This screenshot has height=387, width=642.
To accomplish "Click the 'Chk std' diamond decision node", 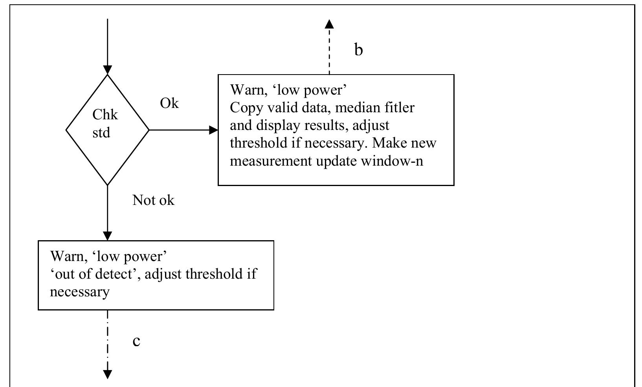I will click(107, 130).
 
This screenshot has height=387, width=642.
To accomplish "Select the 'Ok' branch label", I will click(169, 104).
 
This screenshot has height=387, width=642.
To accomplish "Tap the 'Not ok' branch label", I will click(153, 201).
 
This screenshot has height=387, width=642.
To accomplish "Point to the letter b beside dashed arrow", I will click(358, 50).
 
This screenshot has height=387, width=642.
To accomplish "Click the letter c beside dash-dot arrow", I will click(136, 341).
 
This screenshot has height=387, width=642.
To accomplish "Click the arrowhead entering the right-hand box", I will click(214, 130).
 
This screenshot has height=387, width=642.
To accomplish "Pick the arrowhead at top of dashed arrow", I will click(329, 24).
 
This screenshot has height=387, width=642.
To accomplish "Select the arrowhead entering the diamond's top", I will click(107, 70).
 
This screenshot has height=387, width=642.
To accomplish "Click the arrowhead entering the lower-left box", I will click(107, 236).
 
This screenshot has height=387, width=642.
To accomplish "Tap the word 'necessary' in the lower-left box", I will click(80, 292).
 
